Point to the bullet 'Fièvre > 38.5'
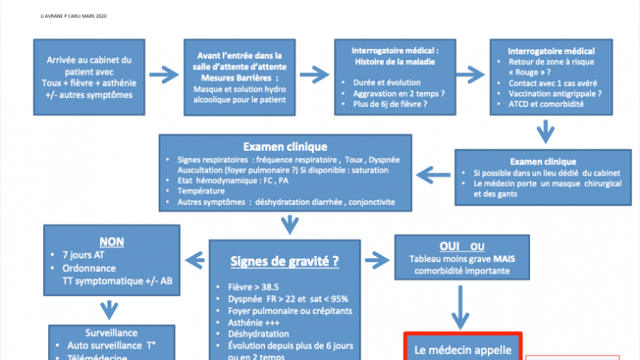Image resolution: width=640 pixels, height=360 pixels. tap(253, 287)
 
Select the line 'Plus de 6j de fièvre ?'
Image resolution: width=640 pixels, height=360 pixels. tap(390, 103)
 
